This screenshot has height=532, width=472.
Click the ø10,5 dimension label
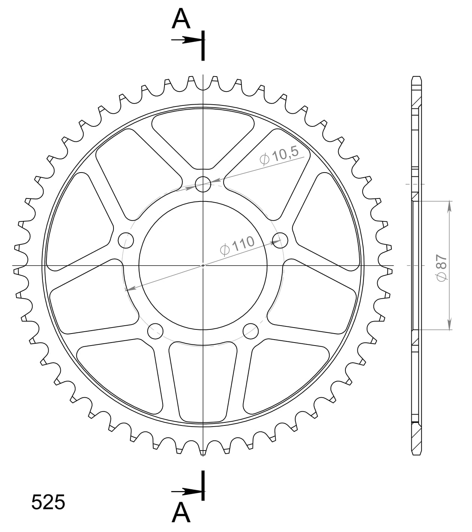279,156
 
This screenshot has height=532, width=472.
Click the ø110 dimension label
237,246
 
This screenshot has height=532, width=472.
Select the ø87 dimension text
442,267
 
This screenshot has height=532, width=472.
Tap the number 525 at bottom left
48,502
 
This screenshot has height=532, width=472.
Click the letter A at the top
181,20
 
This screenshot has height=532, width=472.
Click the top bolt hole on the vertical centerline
203,184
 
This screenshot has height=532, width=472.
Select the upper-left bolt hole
126,240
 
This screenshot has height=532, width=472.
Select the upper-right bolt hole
280,240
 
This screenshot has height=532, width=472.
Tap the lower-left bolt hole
155,331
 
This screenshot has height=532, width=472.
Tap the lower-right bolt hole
251,331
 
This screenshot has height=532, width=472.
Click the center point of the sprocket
203,265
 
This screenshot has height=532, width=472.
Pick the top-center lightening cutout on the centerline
203,141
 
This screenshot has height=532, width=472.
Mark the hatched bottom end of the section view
417,443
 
